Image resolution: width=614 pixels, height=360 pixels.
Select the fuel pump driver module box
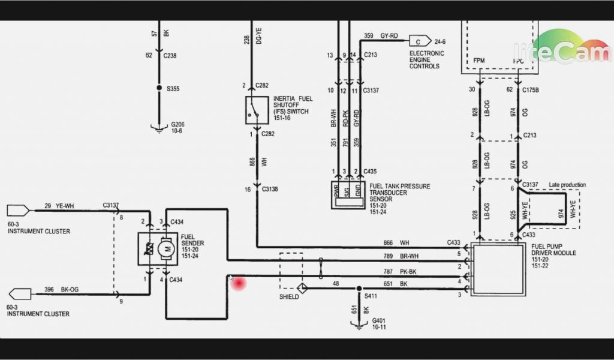[499, 269]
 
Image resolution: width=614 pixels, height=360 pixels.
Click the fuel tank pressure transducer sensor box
[348, 195]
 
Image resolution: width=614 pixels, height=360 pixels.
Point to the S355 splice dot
[159, 88]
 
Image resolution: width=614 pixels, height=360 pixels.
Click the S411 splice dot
[359, 289]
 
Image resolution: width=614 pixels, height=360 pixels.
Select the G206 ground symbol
[159, 127]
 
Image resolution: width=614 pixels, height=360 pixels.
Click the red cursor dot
[240, 283]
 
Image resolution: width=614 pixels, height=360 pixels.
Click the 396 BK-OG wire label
[61, 290]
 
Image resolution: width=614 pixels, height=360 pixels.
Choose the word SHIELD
[289, 297]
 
